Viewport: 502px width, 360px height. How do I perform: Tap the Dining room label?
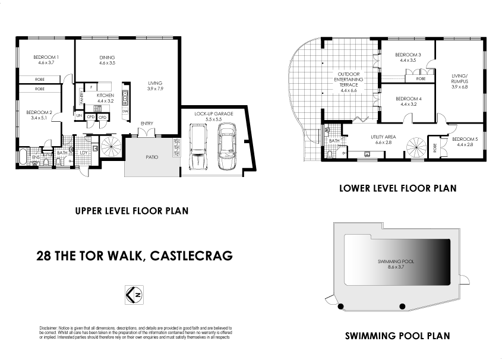pyautogui.click(x=107, y=58)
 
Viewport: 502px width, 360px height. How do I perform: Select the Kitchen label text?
pyautogui.click(x=105, y=96)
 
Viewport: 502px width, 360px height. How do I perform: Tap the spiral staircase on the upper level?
pyautogui.click(x=109, y=146)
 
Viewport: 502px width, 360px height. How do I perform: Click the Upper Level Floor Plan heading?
pyautogui.click(x=131, y=210)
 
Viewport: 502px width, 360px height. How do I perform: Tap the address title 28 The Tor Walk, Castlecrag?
pyautogui.click(x=134, y=256)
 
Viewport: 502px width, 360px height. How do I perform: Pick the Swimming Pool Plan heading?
pyautogui.click(x=397, y=336)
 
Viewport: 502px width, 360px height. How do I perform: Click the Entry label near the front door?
pyautogui.click(x=147, y=124)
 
